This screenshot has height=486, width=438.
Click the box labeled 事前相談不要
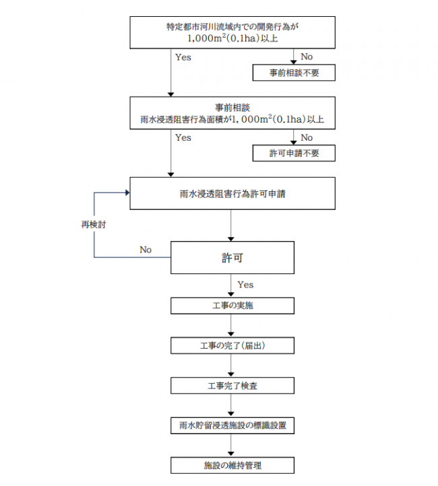tap(293, 73)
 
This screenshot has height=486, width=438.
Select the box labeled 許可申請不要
tap(293, 153)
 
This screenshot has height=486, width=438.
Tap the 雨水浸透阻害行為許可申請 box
tap(232, 194)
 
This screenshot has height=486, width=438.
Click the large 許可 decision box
tap(232, 258)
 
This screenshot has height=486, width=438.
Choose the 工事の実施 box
tap(232, 306)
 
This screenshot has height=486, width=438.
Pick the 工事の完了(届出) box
tap(232, 346)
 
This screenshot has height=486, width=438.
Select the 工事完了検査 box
tap(232, 386)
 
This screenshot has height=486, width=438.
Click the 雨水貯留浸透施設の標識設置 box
tap(232, 426)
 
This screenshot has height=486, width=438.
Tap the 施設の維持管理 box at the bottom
tap(232, 466)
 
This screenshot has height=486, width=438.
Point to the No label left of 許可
tap(146, 250)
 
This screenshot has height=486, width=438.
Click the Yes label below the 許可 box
tap(246, 285)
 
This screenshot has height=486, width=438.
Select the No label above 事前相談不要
tap(307, 57)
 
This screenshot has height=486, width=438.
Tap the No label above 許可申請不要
tap(307, 138)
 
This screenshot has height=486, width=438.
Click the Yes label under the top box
tap(183, 57)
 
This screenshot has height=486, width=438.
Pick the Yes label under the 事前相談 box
tap(183, 138)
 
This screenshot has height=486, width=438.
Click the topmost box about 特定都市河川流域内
tap(232, 33)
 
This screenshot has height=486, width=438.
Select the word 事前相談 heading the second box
tap(232, 108)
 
